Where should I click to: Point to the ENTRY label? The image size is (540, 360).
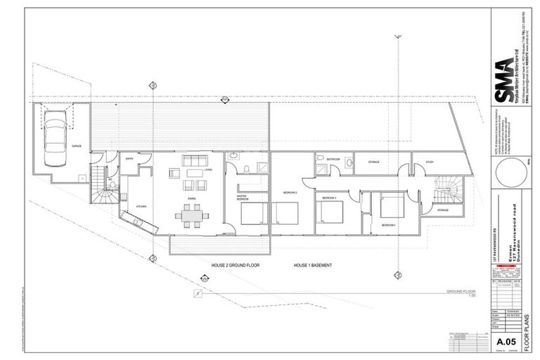coord(130,159)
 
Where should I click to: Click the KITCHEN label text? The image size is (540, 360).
coord(140,206)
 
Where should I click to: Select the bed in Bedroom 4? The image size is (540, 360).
coord(392,206)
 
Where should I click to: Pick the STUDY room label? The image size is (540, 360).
coord(429,162)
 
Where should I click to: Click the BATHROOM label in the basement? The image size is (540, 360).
coord(333,160)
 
